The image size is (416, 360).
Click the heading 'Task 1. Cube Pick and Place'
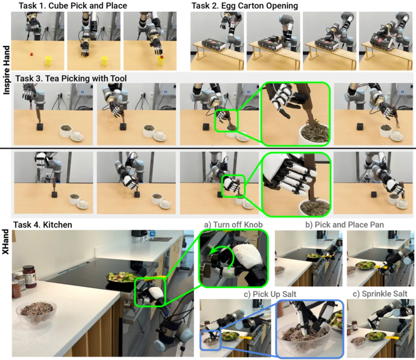click(x=73, y=6)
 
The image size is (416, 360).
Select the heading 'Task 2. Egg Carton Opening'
click(x=244, y=6)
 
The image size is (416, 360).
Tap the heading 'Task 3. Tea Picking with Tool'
click(x=71, y=78)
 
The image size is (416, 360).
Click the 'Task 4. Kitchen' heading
click(x=43, y=225)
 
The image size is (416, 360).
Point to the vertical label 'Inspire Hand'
click(x=6, y=70)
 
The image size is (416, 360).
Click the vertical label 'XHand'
click(x=6, y=242)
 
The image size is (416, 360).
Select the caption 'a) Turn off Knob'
click(x=233, y=225)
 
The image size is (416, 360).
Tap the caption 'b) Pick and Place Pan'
click(x=344, y=225)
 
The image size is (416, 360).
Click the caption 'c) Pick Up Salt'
click(x=270, y=294)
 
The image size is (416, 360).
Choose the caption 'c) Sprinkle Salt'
click(x=380, y=294)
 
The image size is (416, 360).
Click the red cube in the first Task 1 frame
click(x=31, y=54)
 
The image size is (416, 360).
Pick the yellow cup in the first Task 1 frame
click(x=48, y=60)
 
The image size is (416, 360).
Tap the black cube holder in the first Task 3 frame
click(x=40, y=127)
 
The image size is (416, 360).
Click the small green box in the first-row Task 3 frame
click(x=227, y=121)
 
